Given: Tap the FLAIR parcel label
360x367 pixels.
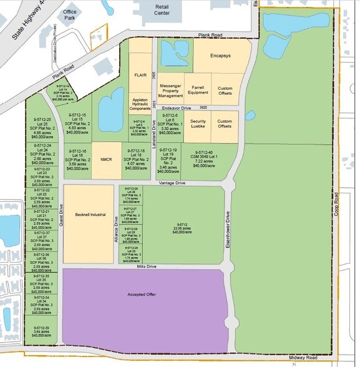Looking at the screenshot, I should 140,74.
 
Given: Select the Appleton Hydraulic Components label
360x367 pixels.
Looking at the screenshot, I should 139,104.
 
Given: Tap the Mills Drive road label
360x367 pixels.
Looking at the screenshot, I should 144,266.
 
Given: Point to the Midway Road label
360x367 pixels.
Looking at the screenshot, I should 304,358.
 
